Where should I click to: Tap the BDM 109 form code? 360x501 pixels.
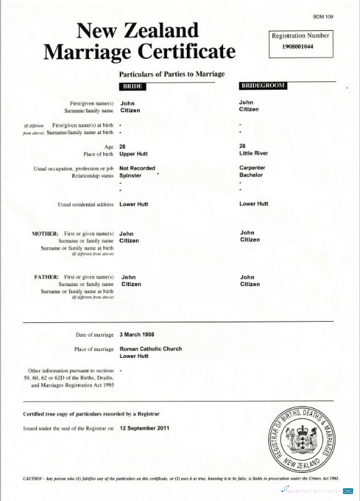click(323, 15)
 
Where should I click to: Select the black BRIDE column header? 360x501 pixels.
click(131, 87)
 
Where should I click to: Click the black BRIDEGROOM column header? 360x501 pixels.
click(262, 86)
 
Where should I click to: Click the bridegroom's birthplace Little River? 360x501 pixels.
click(254, 154)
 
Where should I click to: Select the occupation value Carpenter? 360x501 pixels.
click(253, 168)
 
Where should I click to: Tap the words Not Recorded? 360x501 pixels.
click(137, 168)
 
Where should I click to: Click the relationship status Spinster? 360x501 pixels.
click(130, 175)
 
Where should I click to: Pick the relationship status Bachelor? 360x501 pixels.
click(251, 175)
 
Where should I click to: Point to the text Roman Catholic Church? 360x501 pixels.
click(151, 348)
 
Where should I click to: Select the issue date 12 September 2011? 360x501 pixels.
click(144, 428)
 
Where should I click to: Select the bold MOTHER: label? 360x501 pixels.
click(45, 233)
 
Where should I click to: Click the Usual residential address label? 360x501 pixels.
click(86, 204)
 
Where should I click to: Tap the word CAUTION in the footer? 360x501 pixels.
click(34, 479)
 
